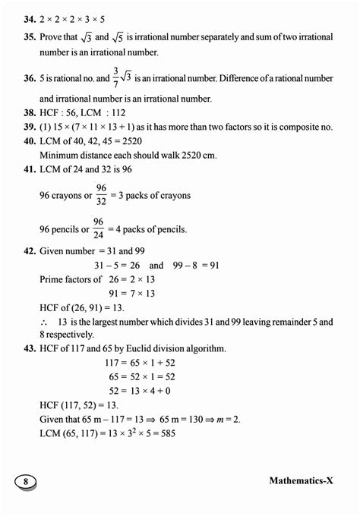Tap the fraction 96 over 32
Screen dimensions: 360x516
[100, 194]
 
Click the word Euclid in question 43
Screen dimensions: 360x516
[142, 348]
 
